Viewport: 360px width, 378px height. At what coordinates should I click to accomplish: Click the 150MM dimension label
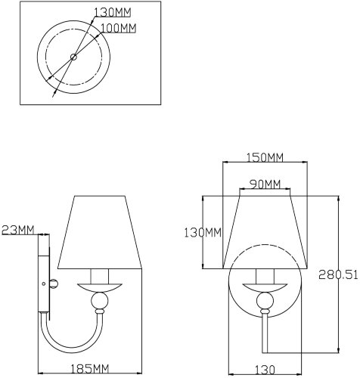(264, 157)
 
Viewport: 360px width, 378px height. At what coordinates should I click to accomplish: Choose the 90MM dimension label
(264, 184)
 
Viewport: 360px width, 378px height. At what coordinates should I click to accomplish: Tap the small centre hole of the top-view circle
(73, 56)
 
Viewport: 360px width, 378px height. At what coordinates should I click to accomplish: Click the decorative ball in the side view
(99, 303)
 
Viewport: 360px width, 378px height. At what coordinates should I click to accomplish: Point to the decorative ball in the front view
(264, 303)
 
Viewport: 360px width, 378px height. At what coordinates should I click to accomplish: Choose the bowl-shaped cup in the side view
(99, 288)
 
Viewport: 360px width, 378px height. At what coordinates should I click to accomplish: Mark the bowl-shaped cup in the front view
(264, 288)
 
